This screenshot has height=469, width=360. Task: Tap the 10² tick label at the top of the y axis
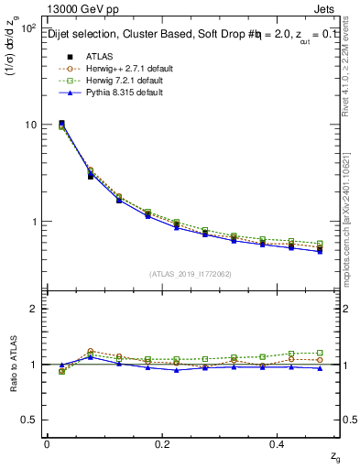click(x=28, y=27)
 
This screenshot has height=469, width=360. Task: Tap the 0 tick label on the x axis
click(x=47, y=443)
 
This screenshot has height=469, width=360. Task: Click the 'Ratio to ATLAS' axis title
click(x=13, y=363)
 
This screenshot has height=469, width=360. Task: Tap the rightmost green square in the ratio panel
click(x=320, y=353)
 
